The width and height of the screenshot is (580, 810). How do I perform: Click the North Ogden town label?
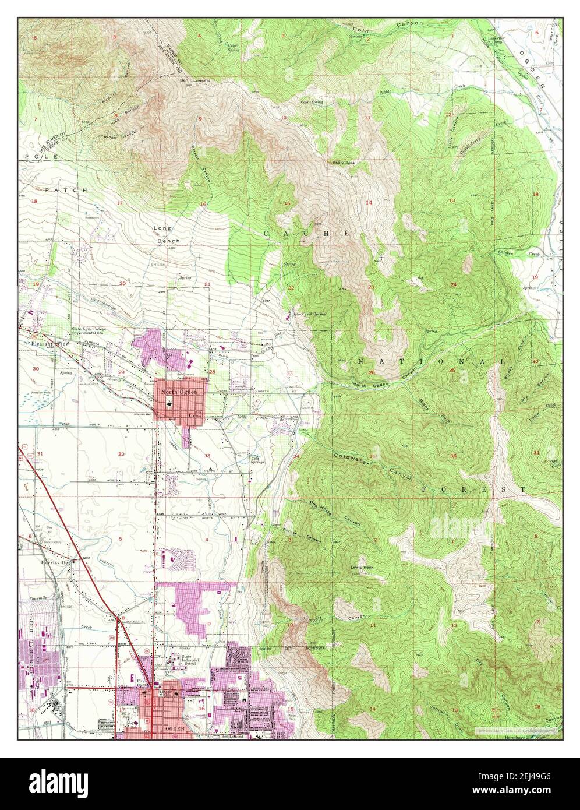[x=179, y=392]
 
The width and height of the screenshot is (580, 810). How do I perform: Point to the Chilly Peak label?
[x=344, y=163]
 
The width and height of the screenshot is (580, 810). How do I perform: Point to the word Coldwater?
[x=349, y=455]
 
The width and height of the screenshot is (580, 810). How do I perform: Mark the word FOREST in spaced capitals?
[x=473, y=489]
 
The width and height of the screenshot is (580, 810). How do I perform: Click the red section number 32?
[x=121, y=453]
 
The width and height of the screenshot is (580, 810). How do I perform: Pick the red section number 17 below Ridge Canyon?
[x=121, y=203]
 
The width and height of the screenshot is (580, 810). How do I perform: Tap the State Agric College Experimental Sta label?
[x=89, y=332]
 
